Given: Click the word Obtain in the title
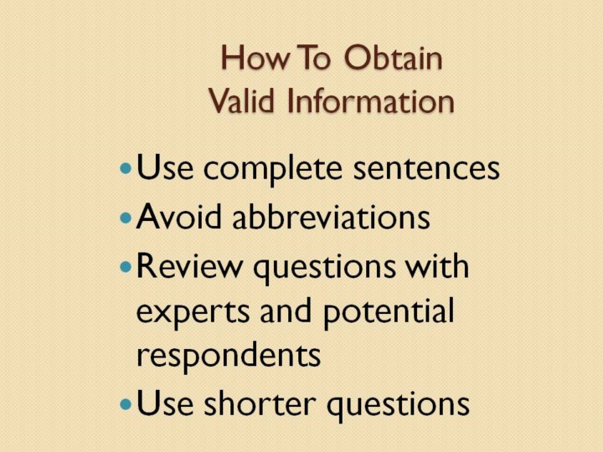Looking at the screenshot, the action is (393, 58).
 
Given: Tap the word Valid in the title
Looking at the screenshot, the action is (241, 100).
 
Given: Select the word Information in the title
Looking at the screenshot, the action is (371, 100).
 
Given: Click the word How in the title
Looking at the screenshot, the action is (255, 58).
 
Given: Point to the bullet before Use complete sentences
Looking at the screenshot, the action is (126, 168).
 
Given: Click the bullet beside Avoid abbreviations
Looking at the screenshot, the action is (126, 218).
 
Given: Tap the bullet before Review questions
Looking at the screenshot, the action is (126, 267).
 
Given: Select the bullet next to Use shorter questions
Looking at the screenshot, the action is (126, 404).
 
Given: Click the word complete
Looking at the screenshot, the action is (273, 170).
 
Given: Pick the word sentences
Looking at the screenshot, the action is (426, 169).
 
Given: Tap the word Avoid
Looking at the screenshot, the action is (179, 216).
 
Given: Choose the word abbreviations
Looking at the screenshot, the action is (331, 216).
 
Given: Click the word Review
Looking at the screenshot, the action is (189, 265).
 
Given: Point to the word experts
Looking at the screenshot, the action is (193, 313).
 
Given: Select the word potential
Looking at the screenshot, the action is (389, 312).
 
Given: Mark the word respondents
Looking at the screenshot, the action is (229, 356).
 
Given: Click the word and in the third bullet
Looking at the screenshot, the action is (286, 311).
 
